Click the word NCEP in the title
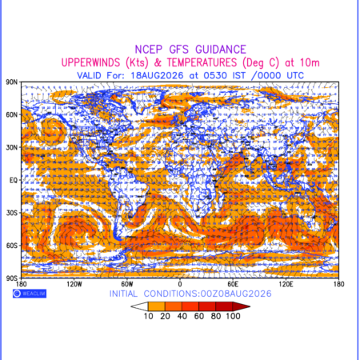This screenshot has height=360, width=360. click(x=149, y=50)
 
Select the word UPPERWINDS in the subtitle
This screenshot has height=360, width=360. click(x=90, y=62)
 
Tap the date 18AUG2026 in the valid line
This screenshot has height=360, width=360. click(x=157, y=75)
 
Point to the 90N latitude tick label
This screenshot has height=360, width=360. click(x=11, y=82)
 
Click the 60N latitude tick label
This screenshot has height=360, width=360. click(x=11, y=115)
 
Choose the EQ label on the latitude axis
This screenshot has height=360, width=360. click(x=14, y=181)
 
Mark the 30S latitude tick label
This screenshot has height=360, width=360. click(x=11, y=213)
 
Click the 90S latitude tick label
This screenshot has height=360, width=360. click(x=11, y=278)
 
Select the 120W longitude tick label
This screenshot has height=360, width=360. click(x=74, y=284)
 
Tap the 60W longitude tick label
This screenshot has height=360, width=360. click(x=127, y=284)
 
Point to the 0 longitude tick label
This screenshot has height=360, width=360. click(x=180, y=284)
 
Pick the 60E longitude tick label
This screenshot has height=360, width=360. click(x=233, y=284)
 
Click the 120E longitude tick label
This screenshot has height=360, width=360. click(x=286, y=284)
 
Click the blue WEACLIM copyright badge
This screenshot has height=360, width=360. click(x=30, y=294)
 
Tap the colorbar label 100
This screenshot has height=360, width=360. click(x=233, y=316)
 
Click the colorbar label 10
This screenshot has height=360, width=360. click(x=149, y=316)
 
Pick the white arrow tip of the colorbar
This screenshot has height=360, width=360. click(x=131, y=306)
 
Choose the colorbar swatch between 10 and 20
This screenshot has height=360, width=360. click(x=157, y=306)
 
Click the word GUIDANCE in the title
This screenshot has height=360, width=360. click(x=221, y=50)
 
